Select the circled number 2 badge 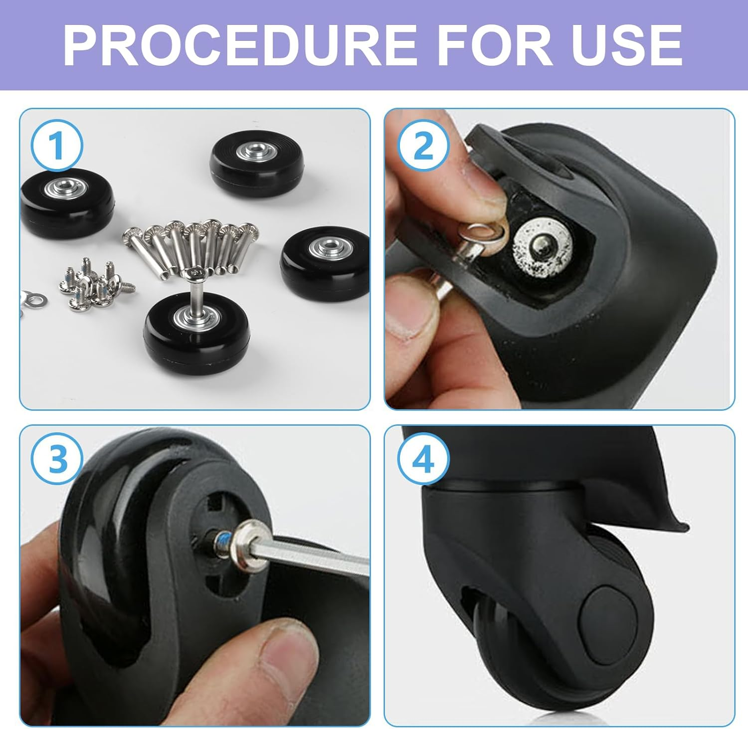click(423, 146)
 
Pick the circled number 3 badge click(56, 459)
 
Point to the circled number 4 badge click(423, 459)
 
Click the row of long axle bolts click(194, 247)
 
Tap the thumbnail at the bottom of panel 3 click(279, 651)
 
